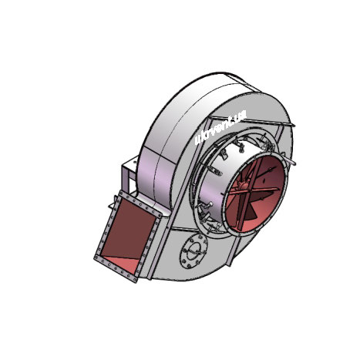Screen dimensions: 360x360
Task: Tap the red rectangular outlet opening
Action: click(130, 233)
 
